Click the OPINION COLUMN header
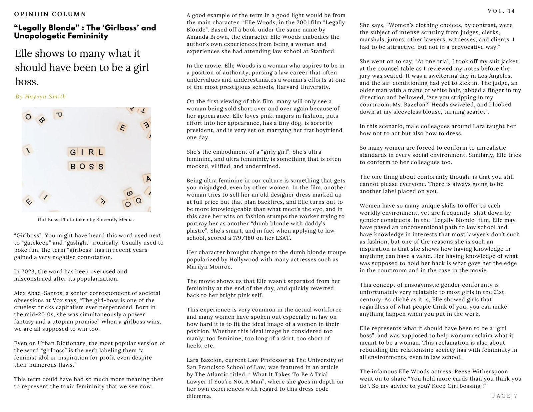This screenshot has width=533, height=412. pyautogui.click(x=50, y=14)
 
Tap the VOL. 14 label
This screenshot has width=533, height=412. pyautogui.click(x=501, y=11)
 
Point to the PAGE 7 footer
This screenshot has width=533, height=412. pyautogui.click(x=505, y=396)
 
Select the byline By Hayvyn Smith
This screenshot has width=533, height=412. pyautogui.click(x=41, y=97)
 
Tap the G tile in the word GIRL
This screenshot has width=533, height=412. pyautogui.click(x=73, y=153)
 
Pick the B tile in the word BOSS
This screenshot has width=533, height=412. pyautogui.click(x=73, y=166)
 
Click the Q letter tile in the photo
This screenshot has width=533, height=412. pyautogui.click(x=138, y=201)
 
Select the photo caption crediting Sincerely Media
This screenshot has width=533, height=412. pyautogui.click(x=86, y=220)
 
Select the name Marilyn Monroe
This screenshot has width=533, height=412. pyautogui.click(x=209, y=267)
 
